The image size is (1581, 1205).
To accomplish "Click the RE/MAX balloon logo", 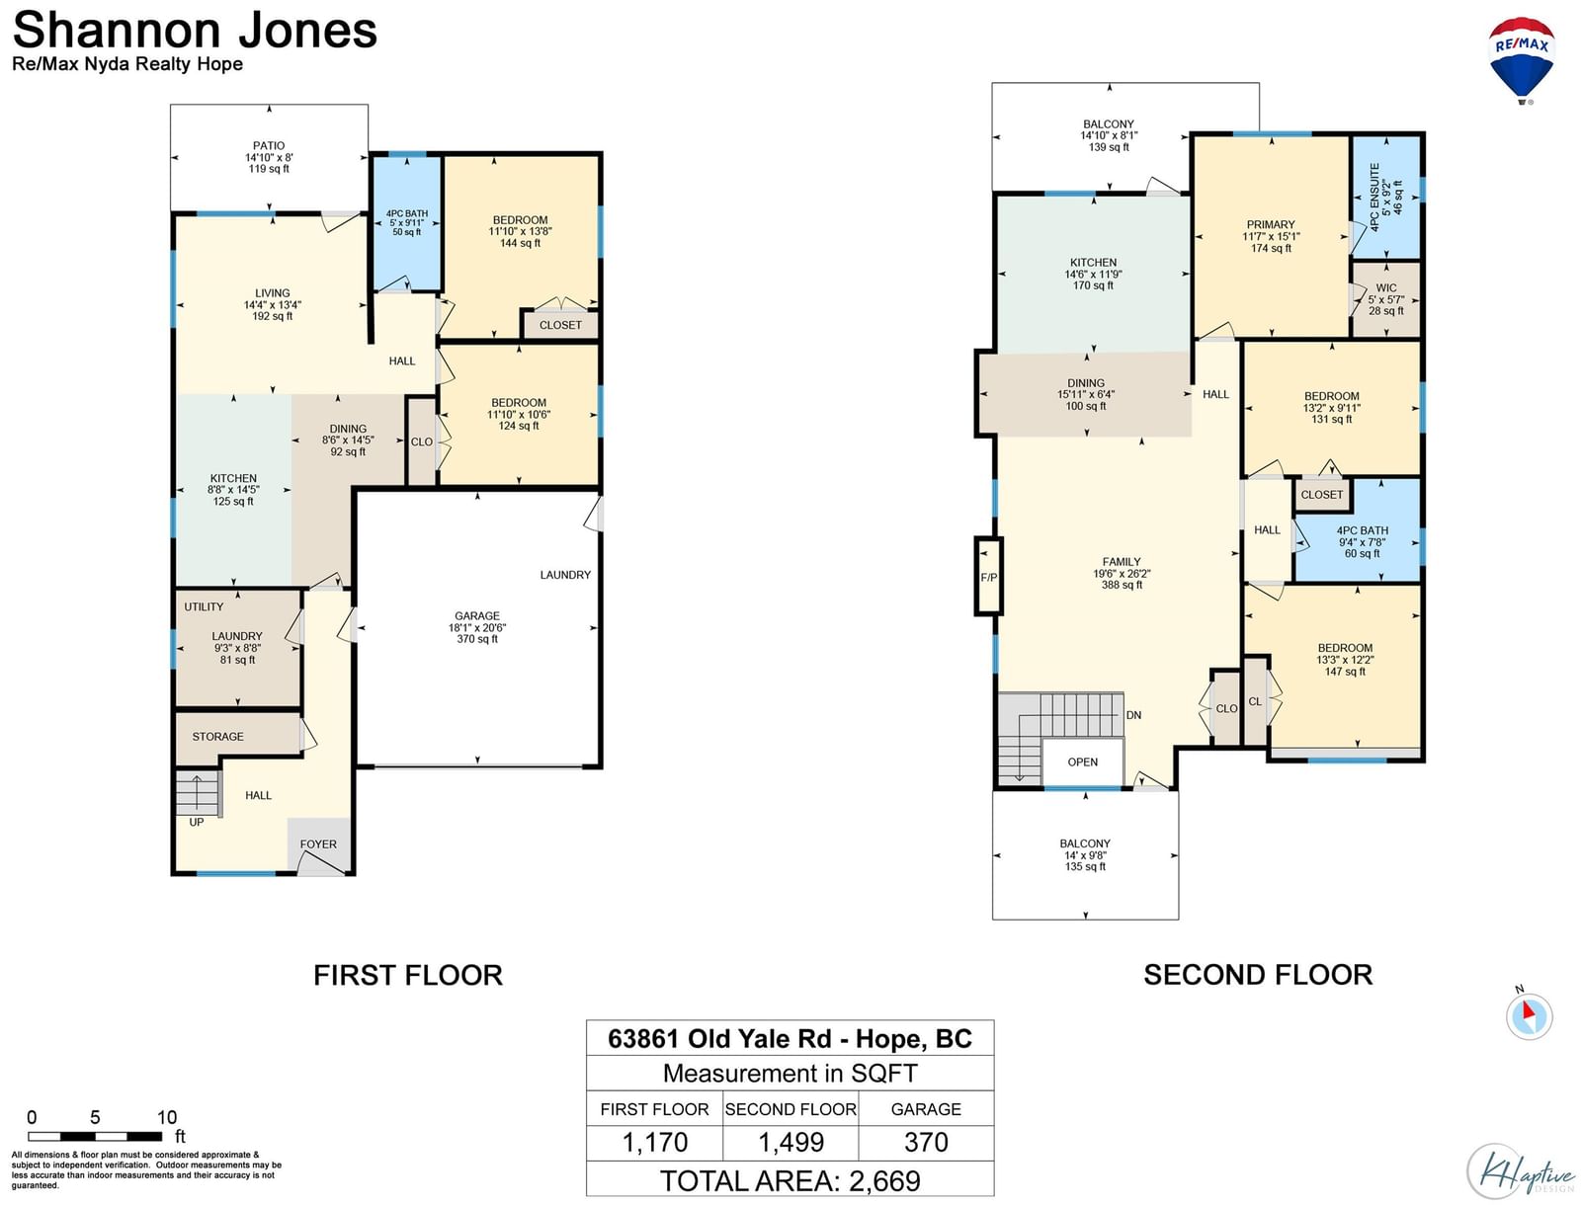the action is tap(1521, 60).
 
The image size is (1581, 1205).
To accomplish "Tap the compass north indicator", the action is tap(1528, 1015).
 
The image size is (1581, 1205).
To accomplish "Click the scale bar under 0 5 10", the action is tap(94, 1137).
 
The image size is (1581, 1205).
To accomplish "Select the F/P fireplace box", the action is tap(988, 577).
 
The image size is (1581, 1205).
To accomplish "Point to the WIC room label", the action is tap(1385, 287).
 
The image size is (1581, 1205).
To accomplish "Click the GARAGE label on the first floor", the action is tap(477, 615).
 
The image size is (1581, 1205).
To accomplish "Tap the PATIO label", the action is tap(269, 145).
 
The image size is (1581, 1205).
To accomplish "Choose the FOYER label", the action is tap(318, 844).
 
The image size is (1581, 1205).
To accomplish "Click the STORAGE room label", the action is tap(217, 737).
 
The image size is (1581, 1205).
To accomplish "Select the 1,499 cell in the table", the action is tap(790, 1143).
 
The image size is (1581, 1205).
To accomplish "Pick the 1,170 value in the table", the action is tap(655, 1143).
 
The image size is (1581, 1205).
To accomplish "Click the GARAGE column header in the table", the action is tap(926, 1109).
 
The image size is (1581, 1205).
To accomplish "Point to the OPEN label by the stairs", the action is tap(1083, 763).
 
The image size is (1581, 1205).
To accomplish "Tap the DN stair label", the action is tap(1133, 715).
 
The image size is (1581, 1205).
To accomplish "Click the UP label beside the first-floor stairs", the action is tap(196, 822).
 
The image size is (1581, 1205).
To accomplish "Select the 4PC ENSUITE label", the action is tap(1375, 197).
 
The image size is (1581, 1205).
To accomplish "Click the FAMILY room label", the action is tap(1122, 561).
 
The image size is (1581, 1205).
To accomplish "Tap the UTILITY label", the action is tap(204, 606).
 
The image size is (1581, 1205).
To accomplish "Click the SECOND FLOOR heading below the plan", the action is tap(1258, 975).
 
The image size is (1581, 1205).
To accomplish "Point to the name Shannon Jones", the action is tap(195, 31).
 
